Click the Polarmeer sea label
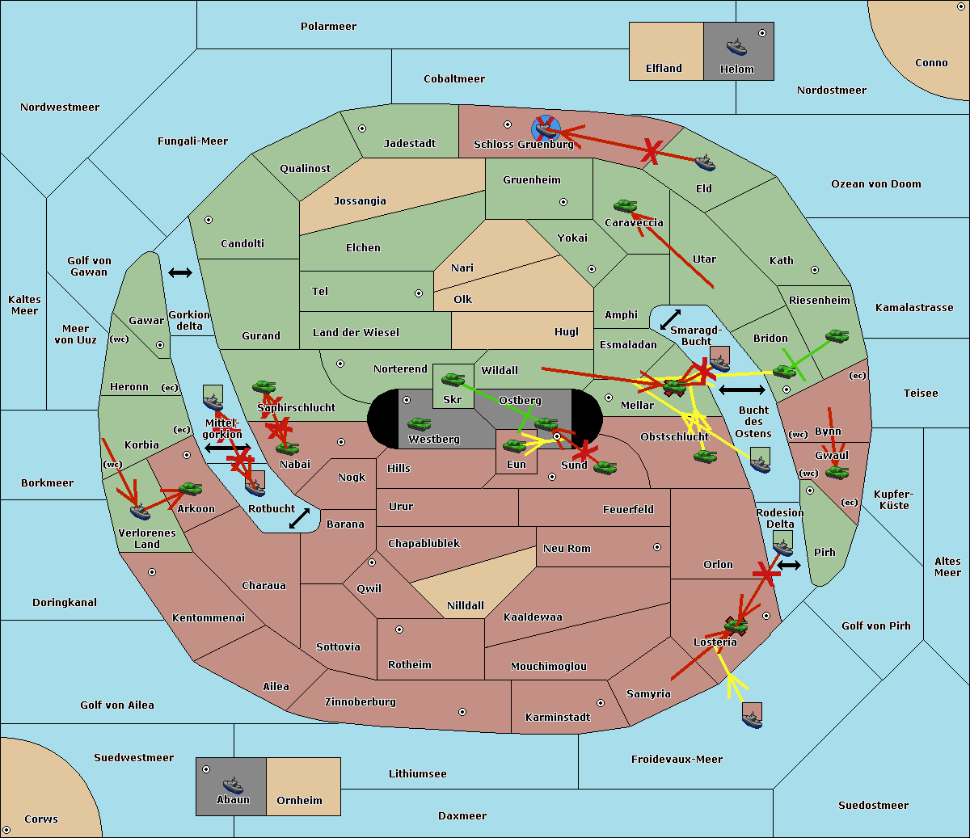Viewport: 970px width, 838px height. [x=328, y=27]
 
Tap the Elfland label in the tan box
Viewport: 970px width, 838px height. [x=664, y=69]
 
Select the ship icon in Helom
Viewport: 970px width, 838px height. [x=736, y=47]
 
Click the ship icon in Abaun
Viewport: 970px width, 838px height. [x=233, y=785]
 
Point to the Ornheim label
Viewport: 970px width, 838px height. [x=299, y=801]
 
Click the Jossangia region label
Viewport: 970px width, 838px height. [x=360, y=201]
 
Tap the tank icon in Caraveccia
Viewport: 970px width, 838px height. [x=625, y=207]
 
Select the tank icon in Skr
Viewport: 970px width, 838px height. [x=453, y=378]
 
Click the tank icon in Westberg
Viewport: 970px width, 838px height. [x=419, y=424]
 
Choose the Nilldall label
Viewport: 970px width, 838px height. [x=466, y=606]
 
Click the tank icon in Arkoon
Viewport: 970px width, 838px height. [x=190, y=489]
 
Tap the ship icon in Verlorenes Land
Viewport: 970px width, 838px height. [x=141, y=511]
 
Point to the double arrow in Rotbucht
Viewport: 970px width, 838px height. [x=299, y=518]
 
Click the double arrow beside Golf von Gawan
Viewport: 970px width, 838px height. [x=180, y=273]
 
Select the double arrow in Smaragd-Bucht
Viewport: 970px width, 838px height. [x=670, y=319]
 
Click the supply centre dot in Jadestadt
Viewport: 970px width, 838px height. [x=362, y=128]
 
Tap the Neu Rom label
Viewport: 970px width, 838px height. [x=567, y=549]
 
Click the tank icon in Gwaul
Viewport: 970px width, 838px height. [x=837, y=472]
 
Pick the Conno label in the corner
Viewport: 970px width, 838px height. [x=931, y=63]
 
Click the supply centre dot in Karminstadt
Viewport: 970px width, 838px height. [x=601, y=703]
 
